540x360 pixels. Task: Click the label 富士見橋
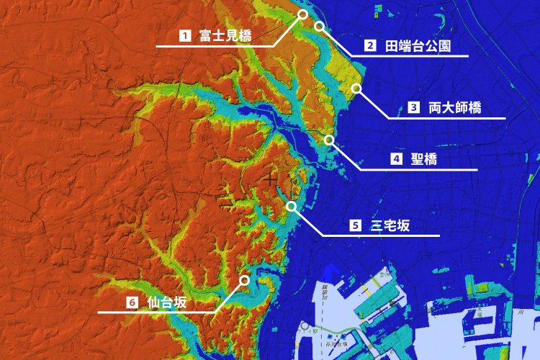pos(220,34)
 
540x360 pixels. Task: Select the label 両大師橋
pos(454,108)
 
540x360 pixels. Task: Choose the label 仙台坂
pos(166,302)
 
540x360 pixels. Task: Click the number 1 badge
pos(185,34)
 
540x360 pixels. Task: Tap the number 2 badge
pos(370,45)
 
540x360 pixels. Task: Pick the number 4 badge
pos(396,159)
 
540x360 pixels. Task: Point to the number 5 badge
pos(355,225)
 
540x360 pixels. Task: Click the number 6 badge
pos(132,302)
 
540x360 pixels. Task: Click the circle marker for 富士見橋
pos(302,14)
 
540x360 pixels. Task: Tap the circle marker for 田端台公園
pos(319,26)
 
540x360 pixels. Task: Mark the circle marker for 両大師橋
pos(356,88)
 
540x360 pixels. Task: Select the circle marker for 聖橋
pos(329,140)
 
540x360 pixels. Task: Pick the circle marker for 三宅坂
pos(291,206)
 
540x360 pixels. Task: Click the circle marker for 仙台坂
pos(244,279)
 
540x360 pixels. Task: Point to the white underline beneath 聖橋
pos(418,169)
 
